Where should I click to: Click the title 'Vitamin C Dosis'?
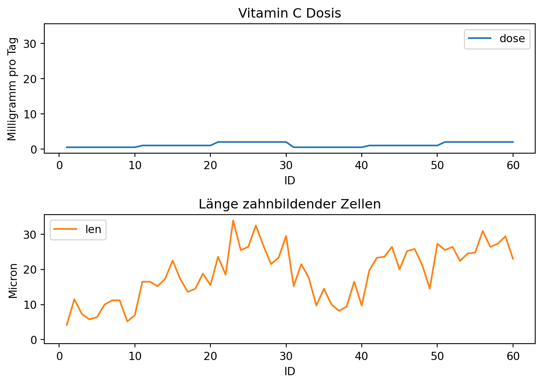[290, 13]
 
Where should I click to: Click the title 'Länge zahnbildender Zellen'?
[290, 204]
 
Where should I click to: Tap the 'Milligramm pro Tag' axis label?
[12, 89]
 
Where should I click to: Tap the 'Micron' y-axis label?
[13, 281]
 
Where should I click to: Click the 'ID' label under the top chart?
[290, 181]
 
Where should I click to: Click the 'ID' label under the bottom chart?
[290, 371]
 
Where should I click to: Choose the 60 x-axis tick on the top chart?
[513, 165]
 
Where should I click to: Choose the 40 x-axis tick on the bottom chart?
[362, 356]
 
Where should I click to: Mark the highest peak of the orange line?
[233, 220]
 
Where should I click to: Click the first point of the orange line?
[67, 325]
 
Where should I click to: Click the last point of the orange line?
[513, 259]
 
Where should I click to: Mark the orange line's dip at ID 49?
[430, 289]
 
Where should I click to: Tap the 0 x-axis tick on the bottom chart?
[59, 356]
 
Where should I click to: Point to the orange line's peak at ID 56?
[483, 231]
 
